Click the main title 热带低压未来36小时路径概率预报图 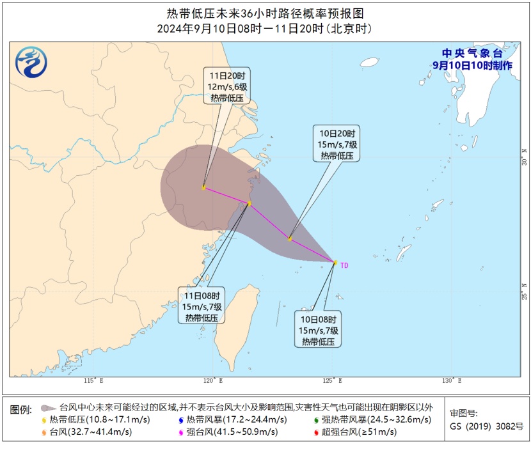265,13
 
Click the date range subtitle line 265,29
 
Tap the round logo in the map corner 31,63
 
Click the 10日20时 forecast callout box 338,144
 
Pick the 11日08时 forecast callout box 202,306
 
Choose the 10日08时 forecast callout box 319,329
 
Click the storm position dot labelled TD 335,262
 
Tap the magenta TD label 345,264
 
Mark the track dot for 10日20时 290,239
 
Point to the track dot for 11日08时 249,203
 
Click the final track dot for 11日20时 203,187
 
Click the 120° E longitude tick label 213,381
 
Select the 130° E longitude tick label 452,381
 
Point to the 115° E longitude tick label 93,381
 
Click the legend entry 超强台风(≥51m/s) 358,432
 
